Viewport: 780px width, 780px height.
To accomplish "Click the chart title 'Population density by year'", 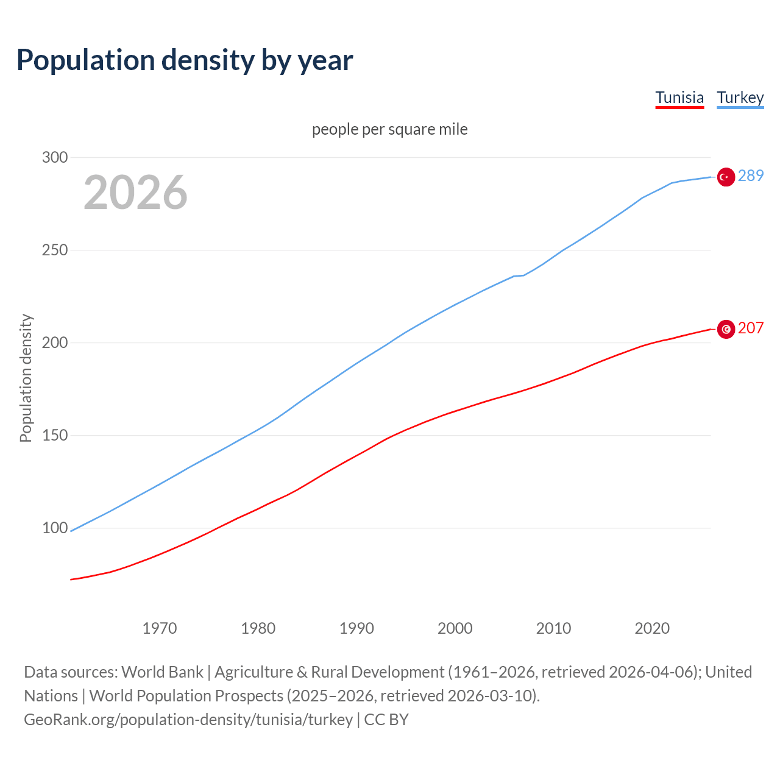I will pyautogui.click(x=185, y=60).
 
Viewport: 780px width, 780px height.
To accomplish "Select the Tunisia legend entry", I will pyautogui.click(x=679, y=97).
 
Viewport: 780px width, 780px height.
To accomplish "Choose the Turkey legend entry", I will pyautogui.click(x=740, y=97).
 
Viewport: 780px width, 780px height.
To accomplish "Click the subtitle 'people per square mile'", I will pyautogui.click(x=390, y=130).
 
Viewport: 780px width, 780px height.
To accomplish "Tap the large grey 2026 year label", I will pyautogui.click(x=135, y=193).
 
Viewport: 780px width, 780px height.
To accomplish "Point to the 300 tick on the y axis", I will pyautogui.click(x=55, y=157).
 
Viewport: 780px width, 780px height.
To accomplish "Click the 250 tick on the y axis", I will pyautogui.click(x=55, y=250).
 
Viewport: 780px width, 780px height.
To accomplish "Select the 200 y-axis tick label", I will pyautogui.click(x=55, y=343).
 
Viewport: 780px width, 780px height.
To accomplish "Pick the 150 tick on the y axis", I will pyautogui.click(x=55, y=436).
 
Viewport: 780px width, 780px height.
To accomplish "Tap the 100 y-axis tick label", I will pyautogui.click(x=55, y=528).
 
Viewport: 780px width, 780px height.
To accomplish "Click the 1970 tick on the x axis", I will pyautogui.click(x=160, y=628).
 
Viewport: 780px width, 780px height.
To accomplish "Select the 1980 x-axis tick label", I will pyautogui.click(x=258, y=628).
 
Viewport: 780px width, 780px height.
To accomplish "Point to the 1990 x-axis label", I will pyautogui.click(x=356, y=628).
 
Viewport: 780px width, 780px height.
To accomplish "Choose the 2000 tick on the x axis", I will pyautogui.click(x=455, y=628).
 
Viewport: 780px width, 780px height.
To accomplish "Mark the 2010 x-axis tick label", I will pyautogui.click(x=553, y=628).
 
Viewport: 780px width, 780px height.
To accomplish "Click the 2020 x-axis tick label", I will pyautogui.click(x=652, y=628).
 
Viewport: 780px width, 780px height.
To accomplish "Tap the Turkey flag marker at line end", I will pyautogui.click(x=725, y=177).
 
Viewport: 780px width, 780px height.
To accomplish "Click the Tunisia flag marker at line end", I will pyautogui.click(x=725, y=329).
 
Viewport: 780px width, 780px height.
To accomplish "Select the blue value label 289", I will pyautogui.click(x=751, y=176).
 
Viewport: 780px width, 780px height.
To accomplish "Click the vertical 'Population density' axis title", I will pyautogui.click(x=26, y=378).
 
